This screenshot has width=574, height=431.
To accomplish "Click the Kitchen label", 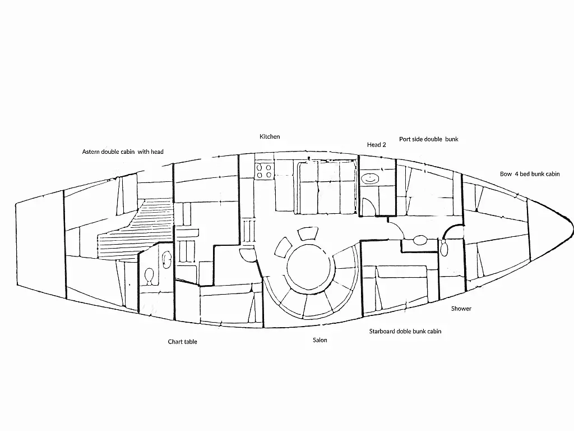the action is pos(270,137).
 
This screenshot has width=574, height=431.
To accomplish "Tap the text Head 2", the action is pos(376,145).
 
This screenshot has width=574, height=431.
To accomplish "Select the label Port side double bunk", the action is pos(429,139).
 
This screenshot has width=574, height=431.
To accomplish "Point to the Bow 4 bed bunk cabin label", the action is pos(530,174).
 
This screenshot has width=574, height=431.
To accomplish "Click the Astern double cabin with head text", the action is pos(123,152).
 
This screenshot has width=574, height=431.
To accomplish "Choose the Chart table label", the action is pos(182,342).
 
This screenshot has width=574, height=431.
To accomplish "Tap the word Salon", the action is pos(320,340).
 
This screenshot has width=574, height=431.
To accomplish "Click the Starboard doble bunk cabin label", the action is pos(405,331).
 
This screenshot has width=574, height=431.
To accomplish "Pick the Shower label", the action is pos(461,309).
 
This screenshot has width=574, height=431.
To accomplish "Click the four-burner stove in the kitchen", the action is pos(264,171).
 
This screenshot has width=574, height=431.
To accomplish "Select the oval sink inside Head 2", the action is pos(370,179).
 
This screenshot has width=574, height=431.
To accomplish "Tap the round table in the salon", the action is pos(309,267).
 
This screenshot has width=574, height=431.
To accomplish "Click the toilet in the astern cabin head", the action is pos(149,276).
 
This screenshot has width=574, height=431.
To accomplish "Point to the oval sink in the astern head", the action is pos(166,260).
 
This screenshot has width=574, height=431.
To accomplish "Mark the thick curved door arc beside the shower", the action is pos(451,232).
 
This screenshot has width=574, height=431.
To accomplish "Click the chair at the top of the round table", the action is pos(308,233).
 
